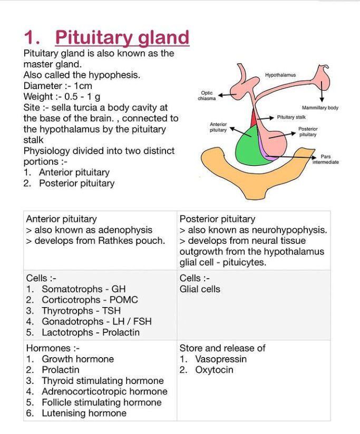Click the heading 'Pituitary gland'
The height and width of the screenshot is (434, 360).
click(122, 37)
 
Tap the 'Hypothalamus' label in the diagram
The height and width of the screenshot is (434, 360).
click(280, 75)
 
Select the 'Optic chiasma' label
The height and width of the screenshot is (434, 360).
click(207, 95)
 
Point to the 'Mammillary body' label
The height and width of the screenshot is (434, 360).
click(320, 108)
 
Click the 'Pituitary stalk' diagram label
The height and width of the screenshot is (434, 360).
click(291, 117)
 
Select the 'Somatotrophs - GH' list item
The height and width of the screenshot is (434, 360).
click(84, 289)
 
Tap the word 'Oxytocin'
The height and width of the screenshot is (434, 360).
click(214, 370)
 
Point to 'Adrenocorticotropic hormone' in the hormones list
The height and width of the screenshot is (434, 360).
click(104, 391)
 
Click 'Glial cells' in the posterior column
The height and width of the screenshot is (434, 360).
click(200, 289)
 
